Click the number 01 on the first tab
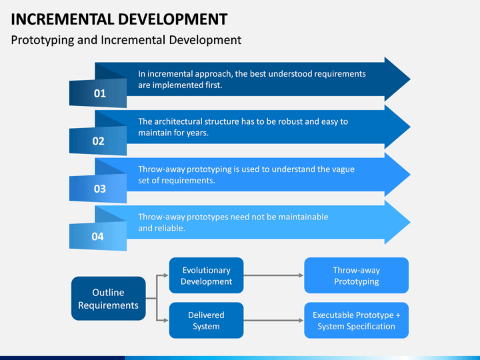point(100,93)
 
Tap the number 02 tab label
point(98,141)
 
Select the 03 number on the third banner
point(100,189)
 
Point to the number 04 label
point(97,237)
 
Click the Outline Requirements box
point(109,299)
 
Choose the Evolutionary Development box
point(206,275)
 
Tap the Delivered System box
point(206,321)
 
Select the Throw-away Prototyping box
point(356,275)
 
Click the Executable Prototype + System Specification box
point(356,321)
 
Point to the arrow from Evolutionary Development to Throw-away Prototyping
point(274,275)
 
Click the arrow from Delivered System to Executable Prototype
point(274,321)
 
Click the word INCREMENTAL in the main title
point(63,19)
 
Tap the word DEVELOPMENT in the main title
point(173,19)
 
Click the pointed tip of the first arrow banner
point(410,79)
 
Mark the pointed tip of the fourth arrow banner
point(410,222)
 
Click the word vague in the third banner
point(344,169)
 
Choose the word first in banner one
point(213,85)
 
